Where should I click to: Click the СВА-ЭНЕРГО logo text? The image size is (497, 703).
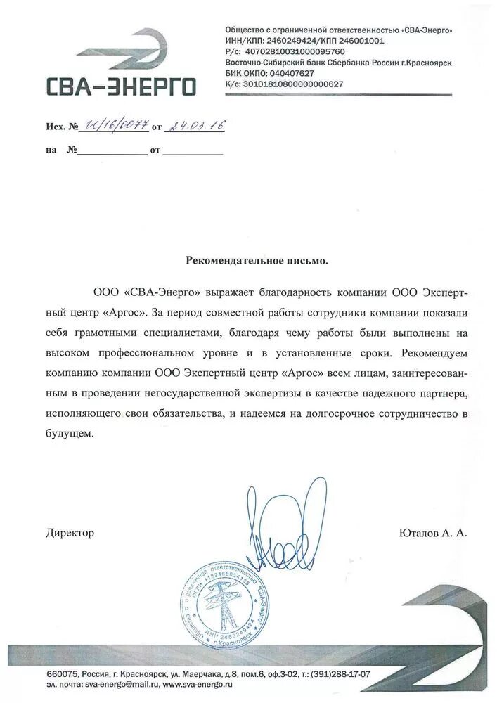(x=121, y=86)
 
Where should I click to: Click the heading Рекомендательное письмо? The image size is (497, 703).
(x=257, y=260)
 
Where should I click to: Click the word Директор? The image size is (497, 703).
(x=70, y=533)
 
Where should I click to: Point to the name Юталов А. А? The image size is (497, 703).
(x=432, y=533)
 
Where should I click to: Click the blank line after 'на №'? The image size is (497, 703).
(x=112, y=150)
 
